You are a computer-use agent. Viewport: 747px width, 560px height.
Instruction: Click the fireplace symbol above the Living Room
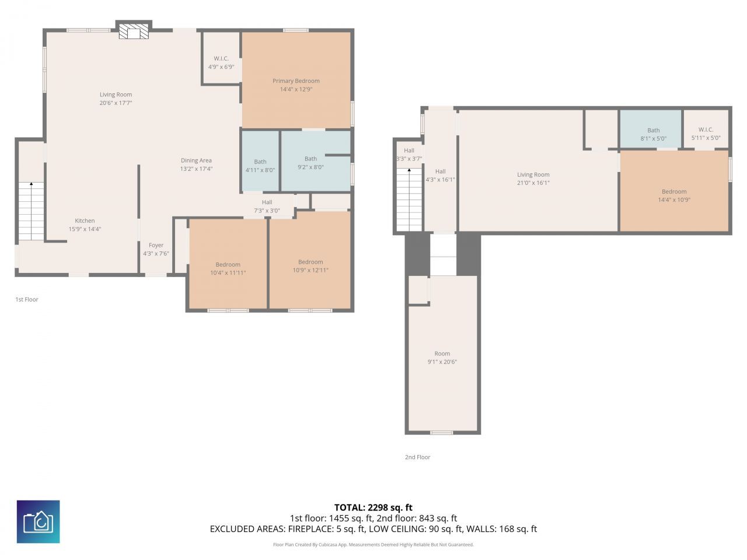tap(134, 32)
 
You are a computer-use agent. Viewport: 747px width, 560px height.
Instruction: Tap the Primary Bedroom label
tap(296, 81)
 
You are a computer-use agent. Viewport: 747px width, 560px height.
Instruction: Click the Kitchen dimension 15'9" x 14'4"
tap(85, 229)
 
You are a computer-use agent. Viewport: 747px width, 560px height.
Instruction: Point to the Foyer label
tap(156, 246)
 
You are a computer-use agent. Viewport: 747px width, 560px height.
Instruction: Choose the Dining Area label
tap(196, 160)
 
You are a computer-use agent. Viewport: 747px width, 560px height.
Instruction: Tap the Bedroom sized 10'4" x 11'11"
tap(228, 268)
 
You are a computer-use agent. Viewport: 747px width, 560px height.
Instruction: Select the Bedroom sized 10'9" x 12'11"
tap(310, 266)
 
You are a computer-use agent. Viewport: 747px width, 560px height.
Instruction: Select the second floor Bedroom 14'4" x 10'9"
tap(674, 195)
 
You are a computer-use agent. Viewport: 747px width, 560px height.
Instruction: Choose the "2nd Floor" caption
tap(417, 457)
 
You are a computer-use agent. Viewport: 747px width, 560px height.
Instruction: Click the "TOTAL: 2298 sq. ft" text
tap(373, 508)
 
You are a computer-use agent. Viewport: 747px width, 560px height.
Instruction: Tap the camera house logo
tap(38, 521)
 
